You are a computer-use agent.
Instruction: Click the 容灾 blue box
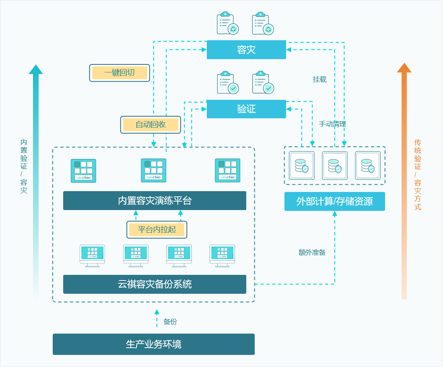click(246, 50)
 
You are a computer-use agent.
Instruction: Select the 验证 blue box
click(246, 109)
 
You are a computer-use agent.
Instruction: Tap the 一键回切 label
click(120, 73)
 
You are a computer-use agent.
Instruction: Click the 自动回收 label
click(150, 125)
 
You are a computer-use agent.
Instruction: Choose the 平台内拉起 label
click(157, 230)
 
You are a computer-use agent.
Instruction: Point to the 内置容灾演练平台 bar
click(155, 200)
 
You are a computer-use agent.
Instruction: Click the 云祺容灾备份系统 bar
click(155, 284)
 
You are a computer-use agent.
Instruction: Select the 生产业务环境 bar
click(154, 344)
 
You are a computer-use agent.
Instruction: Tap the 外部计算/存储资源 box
click(334, 201)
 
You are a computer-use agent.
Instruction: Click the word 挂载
click(320, 80)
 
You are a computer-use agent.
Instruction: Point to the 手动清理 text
click(332, 124)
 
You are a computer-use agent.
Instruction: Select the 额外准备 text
click(312, 252)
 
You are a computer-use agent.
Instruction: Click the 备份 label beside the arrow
click(170, 322)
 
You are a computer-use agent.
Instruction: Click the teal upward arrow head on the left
click(36, 70)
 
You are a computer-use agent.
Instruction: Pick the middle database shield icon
click(334, 165)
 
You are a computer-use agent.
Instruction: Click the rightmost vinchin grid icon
click(227, 171)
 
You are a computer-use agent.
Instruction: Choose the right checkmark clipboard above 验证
click(263, 83)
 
